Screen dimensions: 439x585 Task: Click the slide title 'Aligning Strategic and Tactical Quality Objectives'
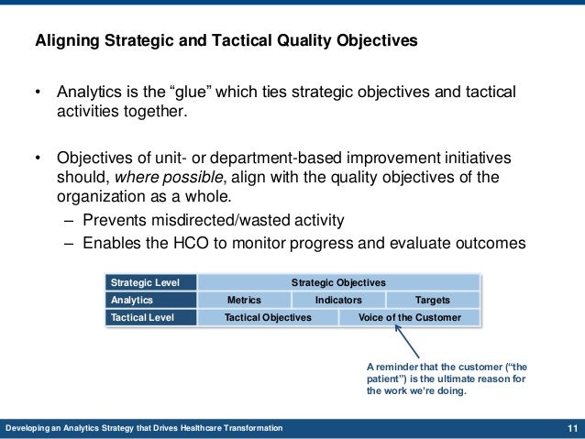[x=225, y=40]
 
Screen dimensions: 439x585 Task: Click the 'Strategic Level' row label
[x=146, y=282]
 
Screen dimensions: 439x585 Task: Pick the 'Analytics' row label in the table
[x=132, y=300]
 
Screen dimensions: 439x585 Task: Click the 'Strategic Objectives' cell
[x=338, y=282]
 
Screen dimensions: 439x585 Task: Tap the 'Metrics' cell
[x=244, y=300]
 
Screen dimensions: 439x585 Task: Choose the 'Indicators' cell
[x=338, y=300]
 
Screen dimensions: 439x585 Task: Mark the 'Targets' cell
[x=432, y=300]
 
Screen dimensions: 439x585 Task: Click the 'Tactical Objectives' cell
[x=268, y=317]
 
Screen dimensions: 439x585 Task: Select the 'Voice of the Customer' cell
[x=409, y=317]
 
